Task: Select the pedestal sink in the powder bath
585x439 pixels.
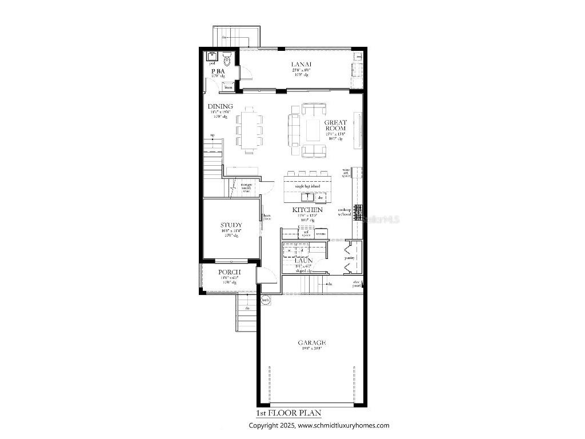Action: click(211, 57)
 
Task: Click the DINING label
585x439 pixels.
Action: click(220, 106)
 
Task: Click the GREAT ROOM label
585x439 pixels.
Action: click(335, 125)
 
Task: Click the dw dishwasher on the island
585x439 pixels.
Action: click(321, 198)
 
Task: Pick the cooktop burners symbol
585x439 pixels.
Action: click(359, 213)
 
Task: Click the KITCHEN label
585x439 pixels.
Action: click(308, 210)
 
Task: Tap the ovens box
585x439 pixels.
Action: click(320, 233)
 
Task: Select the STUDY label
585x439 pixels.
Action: click(231, 225)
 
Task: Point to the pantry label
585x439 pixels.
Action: click(350, 258)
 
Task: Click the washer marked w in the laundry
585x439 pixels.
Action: click(289, 250)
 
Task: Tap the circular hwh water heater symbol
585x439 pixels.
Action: click(265, 300)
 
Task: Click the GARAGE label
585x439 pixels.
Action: click(311, 343)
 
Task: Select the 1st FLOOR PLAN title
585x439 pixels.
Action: click(289, 413)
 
